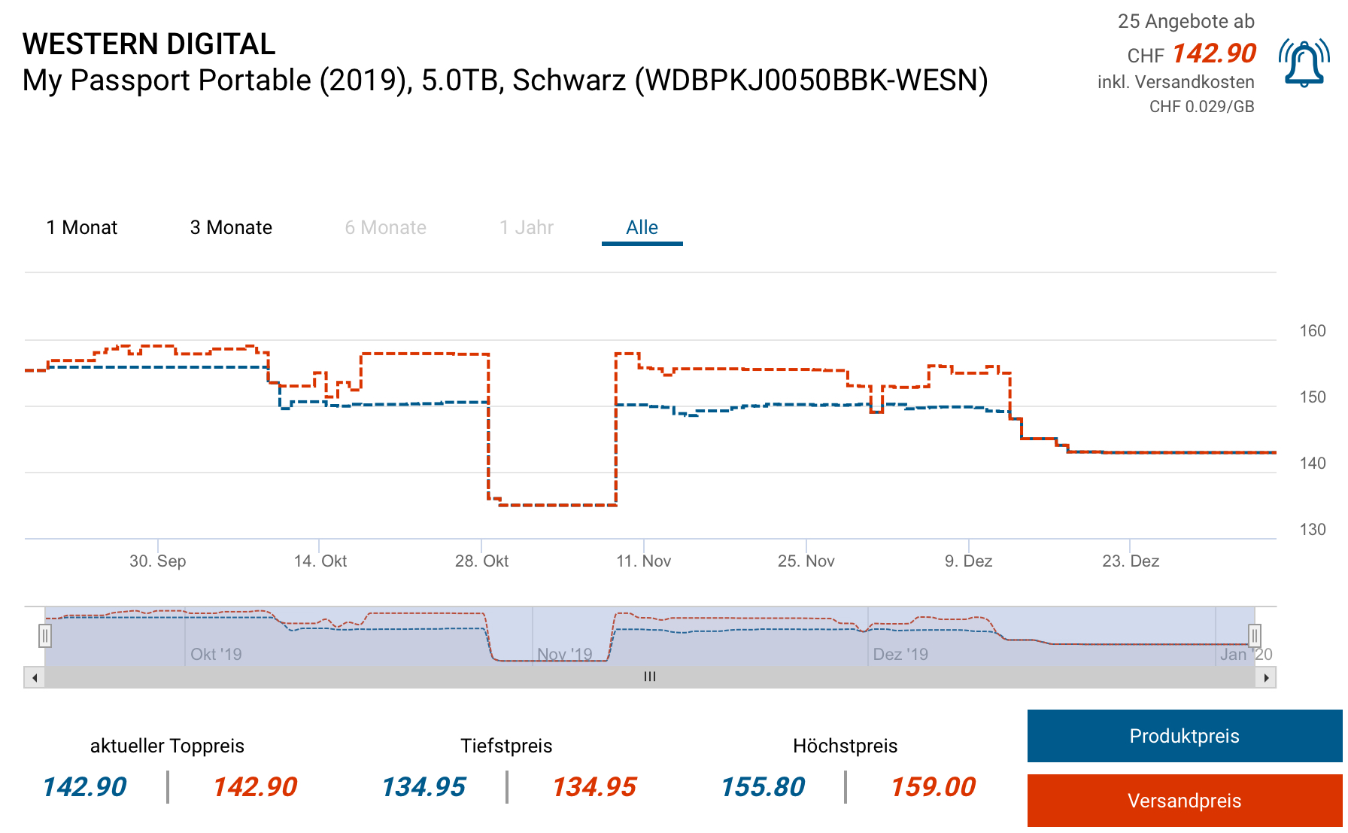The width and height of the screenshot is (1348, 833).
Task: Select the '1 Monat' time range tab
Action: click(x=82, y=227)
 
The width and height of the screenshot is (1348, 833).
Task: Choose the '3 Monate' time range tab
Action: click(x=231, y=227)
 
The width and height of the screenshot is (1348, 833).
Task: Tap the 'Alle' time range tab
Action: click(x=642, y=227)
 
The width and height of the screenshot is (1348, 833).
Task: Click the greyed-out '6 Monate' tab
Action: click(x=385, y=227)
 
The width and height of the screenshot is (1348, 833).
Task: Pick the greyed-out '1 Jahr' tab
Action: click(x=527, y=227)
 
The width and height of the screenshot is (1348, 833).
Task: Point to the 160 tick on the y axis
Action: click(x=1312, y=331)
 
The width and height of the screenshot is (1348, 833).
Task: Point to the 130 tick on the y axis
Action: click(x=1312, y=530)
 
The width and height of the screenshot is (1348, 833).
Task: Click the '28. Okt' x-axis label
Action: click(x=481, y=561)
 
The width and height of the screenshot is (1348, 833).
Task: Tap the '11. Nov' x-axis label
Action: click(x=643, y=561)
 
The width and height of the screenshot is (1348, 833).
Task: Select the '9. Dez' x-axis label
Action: click(x=968, y=561)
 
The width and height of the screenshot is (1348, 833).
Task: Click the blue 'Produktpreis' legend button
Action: click(x=1184, y=736)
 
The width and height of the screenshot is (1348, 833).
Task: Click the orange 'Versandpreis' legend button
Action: click(x=1184, y=801)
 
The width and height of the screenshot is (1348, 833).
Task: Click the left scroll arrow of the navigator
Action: click(x=35, y=677)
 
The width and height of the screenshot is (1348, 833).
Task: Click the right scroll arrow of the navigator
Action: click(x=1266, y=677)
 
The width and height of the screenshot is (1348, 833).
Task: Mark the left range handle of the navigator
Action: click(x=45, y=636)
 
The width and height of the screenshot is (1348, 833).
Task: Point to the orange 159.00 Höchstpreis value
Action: click(x=933, y=787)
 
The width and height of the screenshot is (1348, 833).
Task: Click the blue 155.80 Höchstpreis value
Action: click(x=763, y=787)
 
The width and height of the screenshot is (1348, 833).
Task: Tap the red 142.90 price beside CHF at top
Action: click(x=1213, y=53)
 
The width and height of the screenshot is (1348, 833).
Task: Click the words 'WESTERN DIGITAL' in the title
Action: click(x=149, y=44)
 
